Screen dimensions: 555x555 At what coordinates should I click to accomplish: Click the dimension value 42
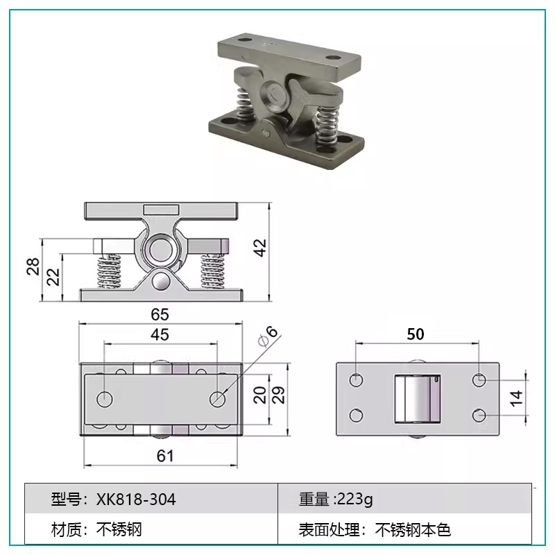tap(260, 248)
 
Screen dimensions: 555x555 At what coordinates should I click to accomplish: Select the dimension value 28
tap(33, 267)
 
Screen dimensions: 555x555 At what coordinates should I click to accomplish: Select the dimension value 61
tap(164, 456)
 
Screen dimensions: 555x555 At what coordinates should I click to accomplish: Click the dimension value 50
tap(416, 334)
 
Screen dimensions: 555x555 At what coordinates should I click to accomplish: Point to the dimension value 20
tap(259, 395)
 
